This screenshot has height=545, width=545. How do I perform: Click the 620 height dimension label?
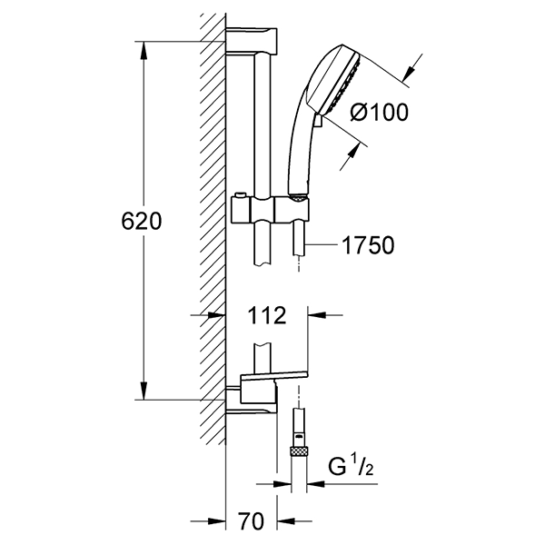tap(142, 221)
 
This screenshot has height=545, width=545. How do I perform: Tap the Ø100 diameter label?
tap(379, 113)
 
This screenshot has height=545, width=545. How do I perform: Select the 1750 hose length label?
tap(369, 245)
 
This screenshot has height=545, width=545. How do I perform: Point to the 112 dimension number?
tap(266, 315)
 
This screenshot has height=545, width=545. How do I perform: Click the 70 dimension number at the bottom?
tap(252, 521)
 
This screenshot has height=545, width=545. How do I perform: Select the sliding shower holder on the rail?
tap(270, 209)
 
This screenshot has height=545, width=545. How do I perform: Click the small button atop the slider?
tap(239, 194)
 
